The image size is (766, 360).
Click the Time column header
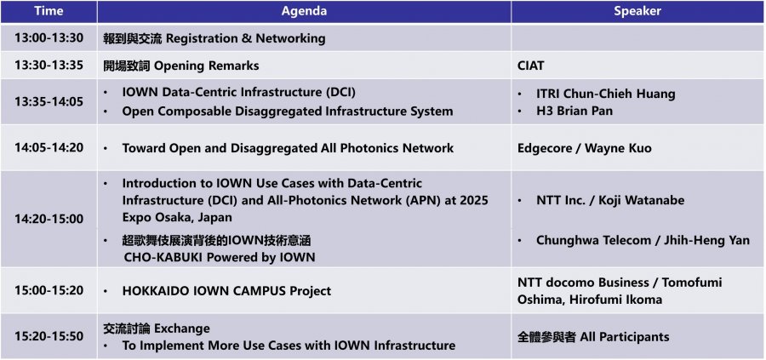pyautogui.click(x=49, y=11)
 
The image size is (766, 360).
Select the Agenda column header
pyautogui.click(x=304, y=11)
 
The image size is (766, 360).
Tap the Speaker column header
pyautogui.click(x=637, y=11)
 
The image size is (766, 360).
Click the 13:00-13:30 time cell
pyautogui.click(x=49, y=38)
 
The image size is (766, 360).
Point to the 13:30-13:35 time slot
pyautogui.click(x=49, y=66)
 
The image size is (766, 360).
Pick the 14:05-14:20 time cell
pyautogui.click(x=49, y=147)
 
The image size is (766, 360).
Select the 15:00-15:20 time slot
pyautogui.click(x=49, y=290)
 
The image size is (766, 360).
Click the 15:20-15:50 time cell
pyautogui.click(x=49, y=336)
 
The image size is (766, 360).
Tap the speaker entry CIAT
pyautogui.click(x=530, y=66)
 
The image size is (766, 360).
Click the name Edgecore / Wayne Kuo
pyautogui.click(x=584, y=147)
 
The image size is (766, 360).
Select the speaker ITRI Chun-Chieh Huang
pyautogui.click(x=606, y=94)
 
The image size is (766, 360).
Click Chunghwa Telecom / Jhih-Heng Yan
pyautogui.click(x=643, y=240)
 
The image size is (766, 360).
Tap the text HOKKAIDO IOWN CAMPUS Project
pyautogui.click(x=226, y=291)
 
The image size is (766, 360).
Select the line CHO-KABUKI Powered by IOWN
pyautogui.click(x=219, y=257)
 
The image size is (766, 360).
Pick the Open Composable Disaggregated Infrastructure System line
pyautogui.click(x=288, y=111)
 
